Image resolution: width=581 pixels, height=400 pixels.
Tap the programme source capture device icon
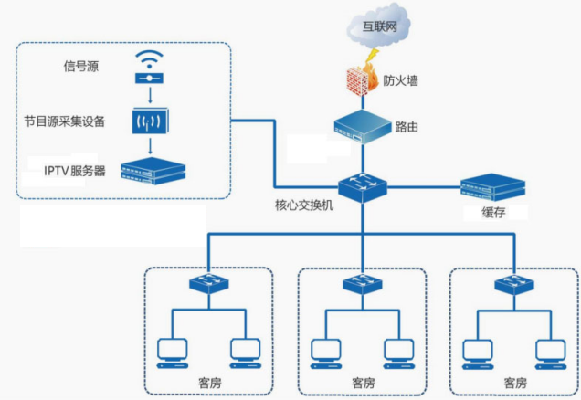click(x=147, y=120)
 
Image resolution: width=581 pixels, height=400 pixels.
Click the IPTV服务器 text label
click(x=75, y=171)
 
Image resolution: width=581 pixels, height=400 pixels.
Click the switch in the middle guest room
click(x=361, y=283)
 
